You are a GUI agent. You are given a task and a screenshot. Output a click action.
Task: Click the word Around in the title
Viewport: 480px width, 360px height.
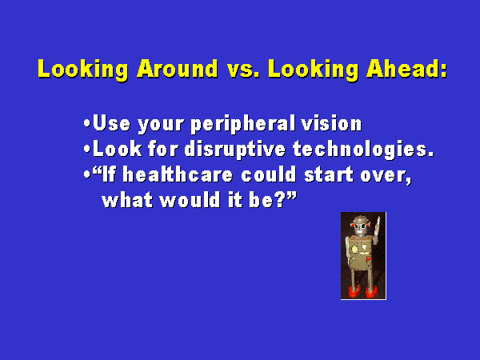pos(178,68)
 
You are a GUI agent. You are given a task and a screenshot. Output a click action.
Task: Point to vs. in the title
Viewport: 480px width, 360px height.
pos(243,70)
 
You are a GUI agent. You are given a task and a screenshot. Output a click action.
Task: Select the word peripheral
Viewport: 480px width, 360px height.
pos(243,124)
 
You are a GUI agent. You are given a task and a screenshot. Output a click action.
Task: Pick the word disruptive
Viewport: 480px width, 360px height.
pos(235,150)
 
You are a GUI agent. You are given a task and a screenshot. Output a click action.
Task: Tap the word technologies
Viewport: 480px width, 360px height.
pos(363,150)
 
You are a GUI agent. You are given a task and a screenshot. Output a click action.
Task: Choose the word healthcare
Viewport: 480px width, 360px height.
pos(178,174)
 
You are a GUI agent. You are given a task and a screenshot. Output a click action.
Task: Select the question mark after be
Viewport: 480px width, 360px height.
pos(280,199)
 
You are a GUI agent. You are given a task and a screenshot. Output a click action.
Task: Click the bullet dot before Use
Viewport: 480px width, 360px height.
pos(87,124)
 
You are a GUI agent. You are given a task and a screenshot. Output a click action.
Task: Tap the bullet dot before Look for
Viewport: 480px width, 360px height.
pos(87,149)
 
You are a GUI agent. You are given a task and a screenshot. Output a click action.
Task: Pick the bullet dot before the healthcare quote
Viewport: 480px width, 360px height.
pos(87,174)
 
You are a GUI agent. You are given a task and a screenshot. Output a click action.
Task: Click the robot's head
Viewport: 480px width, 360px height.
pos(361,226)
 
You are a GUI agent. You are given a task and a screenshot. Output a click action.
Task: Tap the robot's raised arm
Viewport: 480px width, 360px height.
pos(376,230)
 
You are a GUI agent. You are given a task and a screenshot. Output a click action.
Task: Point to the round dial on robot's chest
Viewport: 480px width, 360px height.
pos(354,250)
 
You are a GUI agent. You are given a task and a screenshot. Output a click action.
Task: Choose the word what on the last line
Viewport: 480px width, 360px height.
pos(127,199)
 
